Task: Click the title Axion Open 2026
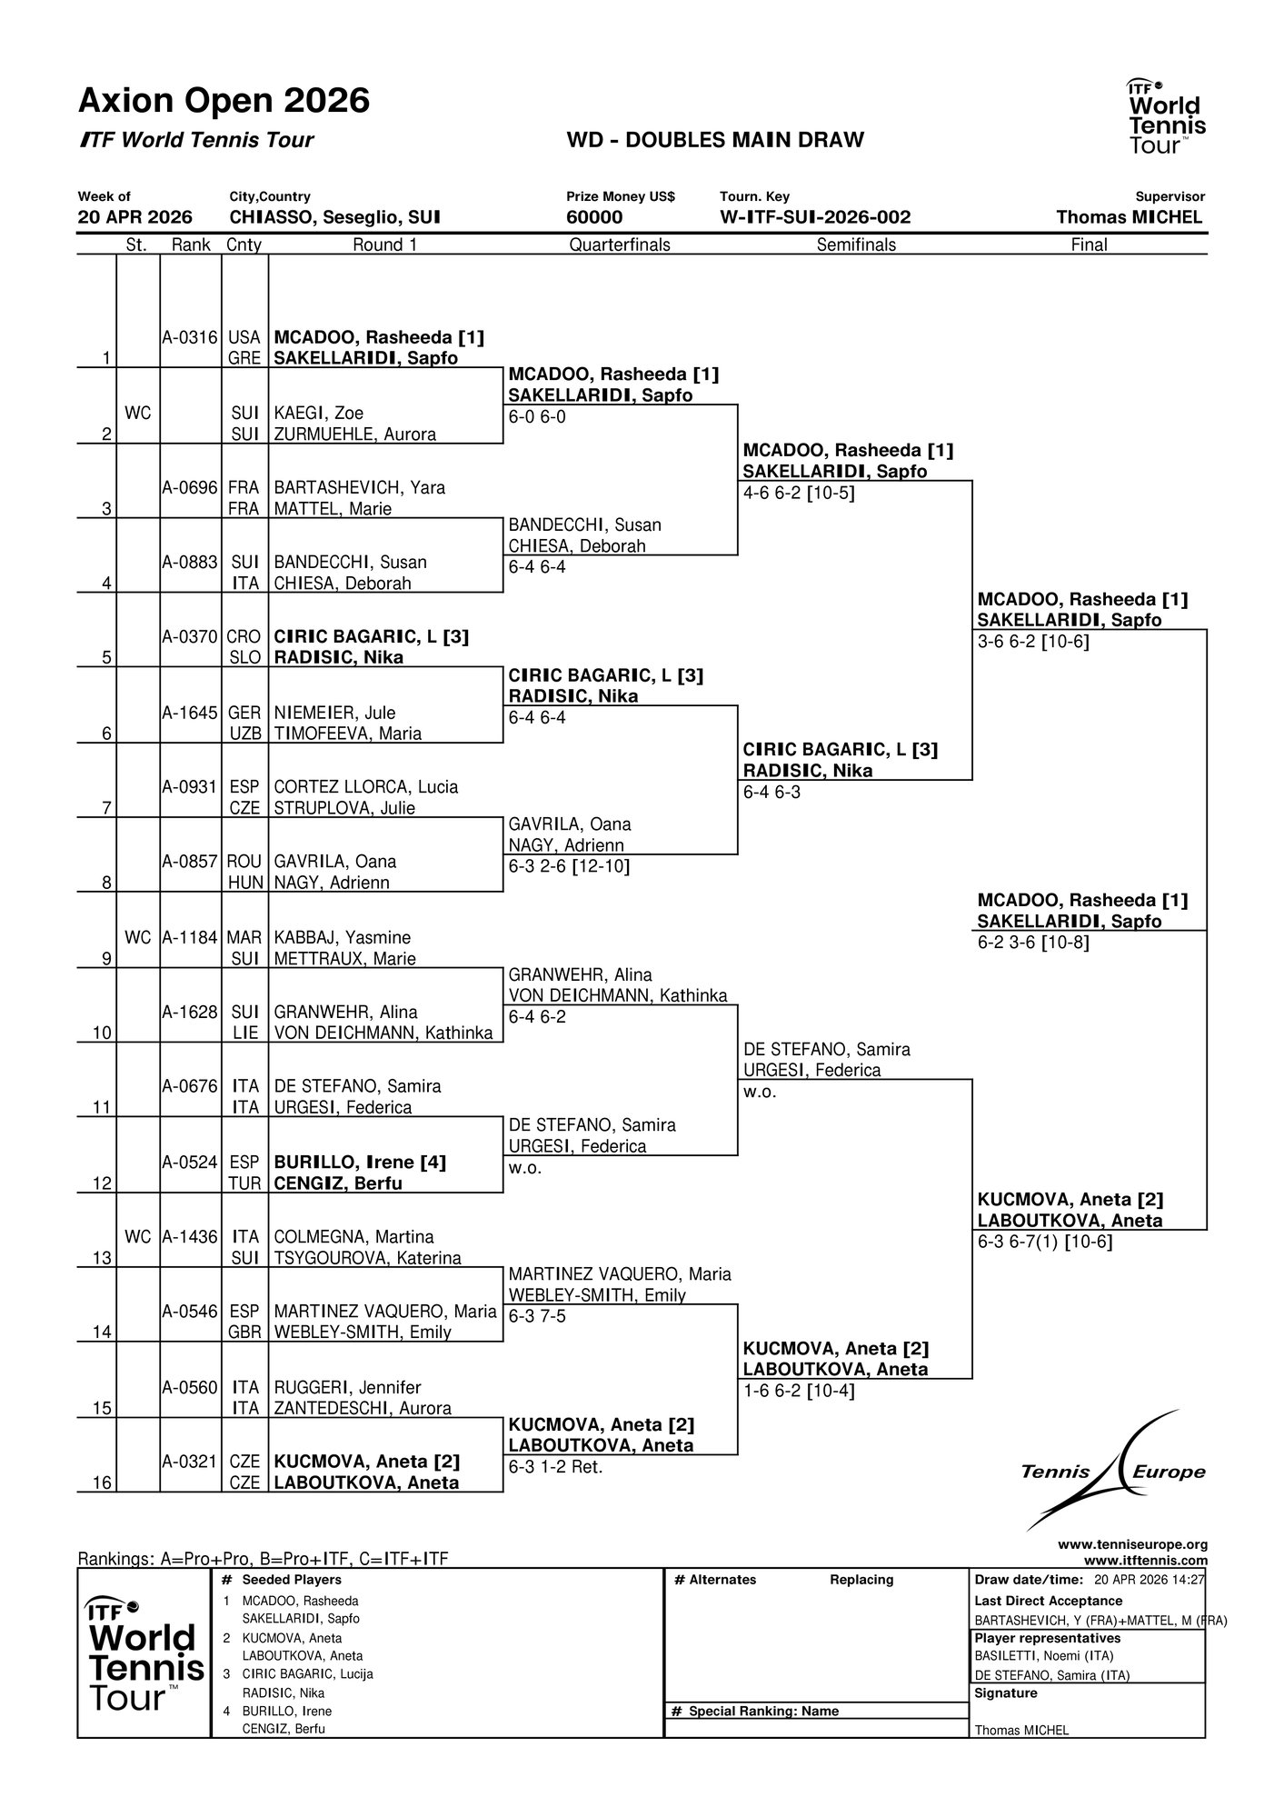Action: [224, 100]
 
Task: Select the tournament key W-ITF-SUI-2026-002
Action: [815, 217]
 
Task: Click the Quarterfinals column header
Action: [620, 245]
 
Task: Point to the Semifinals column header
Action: [856, 245]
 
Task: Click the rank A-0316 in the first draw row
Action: [190, 337]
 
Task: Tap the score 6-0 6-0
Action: [537, 417]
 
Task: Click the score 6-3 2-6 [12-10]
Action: [569, 866]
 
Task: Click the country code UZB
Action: [244, 734]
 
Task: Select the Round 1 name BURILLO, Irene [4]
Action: [360, 1162]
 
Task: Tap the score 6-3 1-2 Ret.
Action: [556, 1466]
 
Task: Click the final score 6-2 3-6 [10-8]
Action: [1033, 942]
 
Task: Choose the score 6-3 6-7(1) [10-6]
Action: [1045, 1242]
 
